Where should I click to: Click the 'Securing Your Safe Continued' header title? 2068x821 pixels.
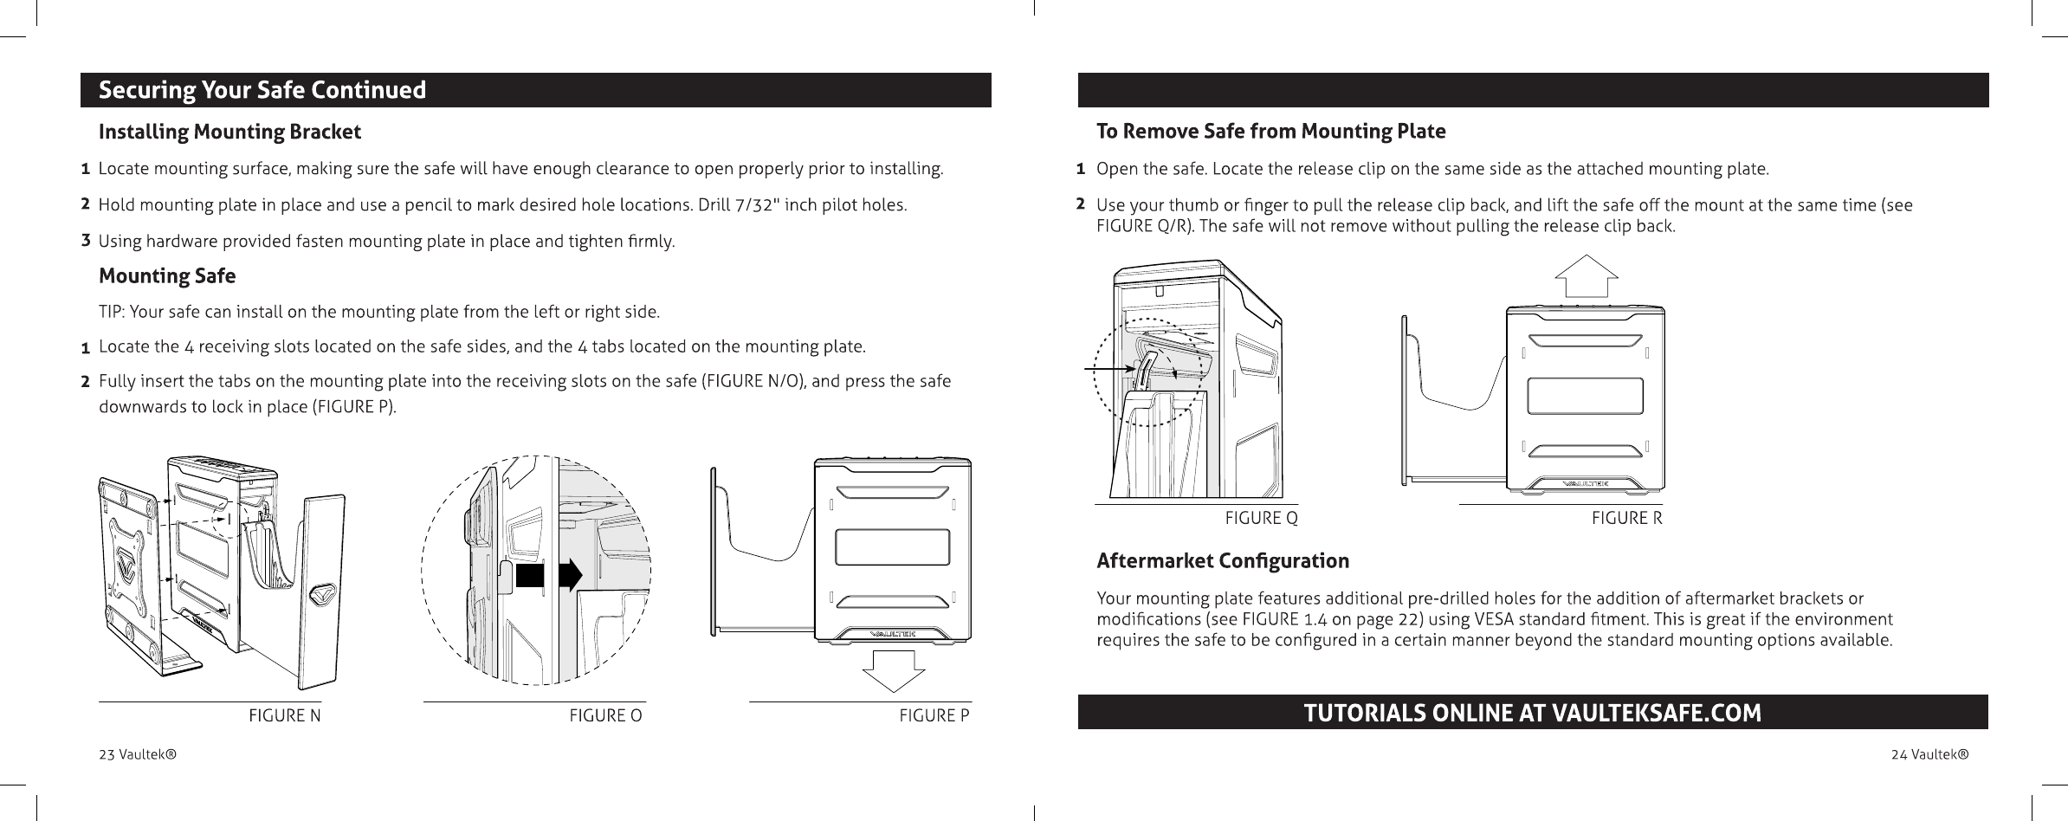262,90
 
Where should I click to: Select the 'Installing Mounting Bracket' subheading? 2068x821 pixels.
229,133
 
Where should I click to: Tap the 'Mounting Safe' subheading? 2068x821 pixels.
167,276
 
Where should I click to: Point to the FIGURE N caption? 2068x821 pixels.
285,715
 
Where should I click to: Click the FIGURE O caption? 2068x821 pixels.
605,715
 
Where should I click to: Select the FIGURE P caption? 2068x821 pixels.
934,715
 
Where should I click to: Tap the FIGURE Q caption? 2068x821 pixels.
1261,518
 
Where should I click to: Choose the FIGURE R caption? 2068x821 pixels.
1626,518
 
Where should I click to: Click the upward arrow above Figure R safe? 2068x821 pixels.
1587,276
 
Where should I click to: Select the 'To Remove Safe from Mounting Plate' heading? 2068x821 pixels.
1270,132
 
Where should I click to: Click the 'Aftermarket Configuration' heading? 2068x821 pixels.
1222,561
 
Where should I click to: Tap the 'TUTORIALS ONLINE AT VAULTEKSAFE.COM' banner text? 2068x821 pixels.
1532,713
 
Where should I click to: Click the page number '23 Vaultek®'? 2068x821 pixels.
138,754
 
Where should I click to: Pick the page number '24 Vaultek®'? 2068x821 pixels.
1929,754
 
